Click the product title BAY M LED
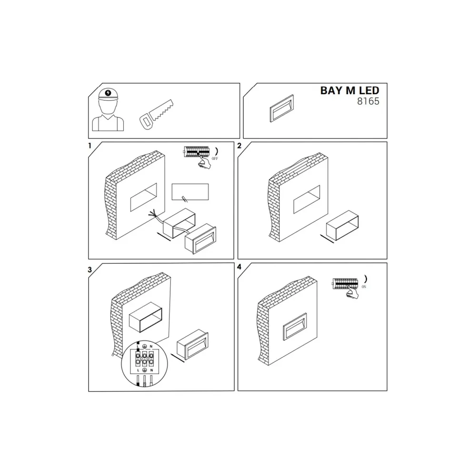350,90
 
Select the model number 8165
368,101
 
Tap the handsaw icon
156,114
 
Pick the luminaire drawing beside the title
282,109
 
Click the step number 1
89,146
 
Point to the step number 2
239,146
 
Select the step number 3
89,269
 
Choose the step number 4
239,267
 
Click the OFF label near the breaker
215,159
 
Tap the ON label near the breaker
364,287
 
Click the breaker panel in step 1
197,152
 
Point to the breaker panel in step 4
345,283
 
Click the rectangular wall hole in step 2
306,199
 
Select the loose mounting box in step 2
342,223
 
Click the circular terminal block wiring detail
145,364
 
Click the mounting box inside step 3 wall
145,317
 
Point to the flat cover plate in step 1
190,192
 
